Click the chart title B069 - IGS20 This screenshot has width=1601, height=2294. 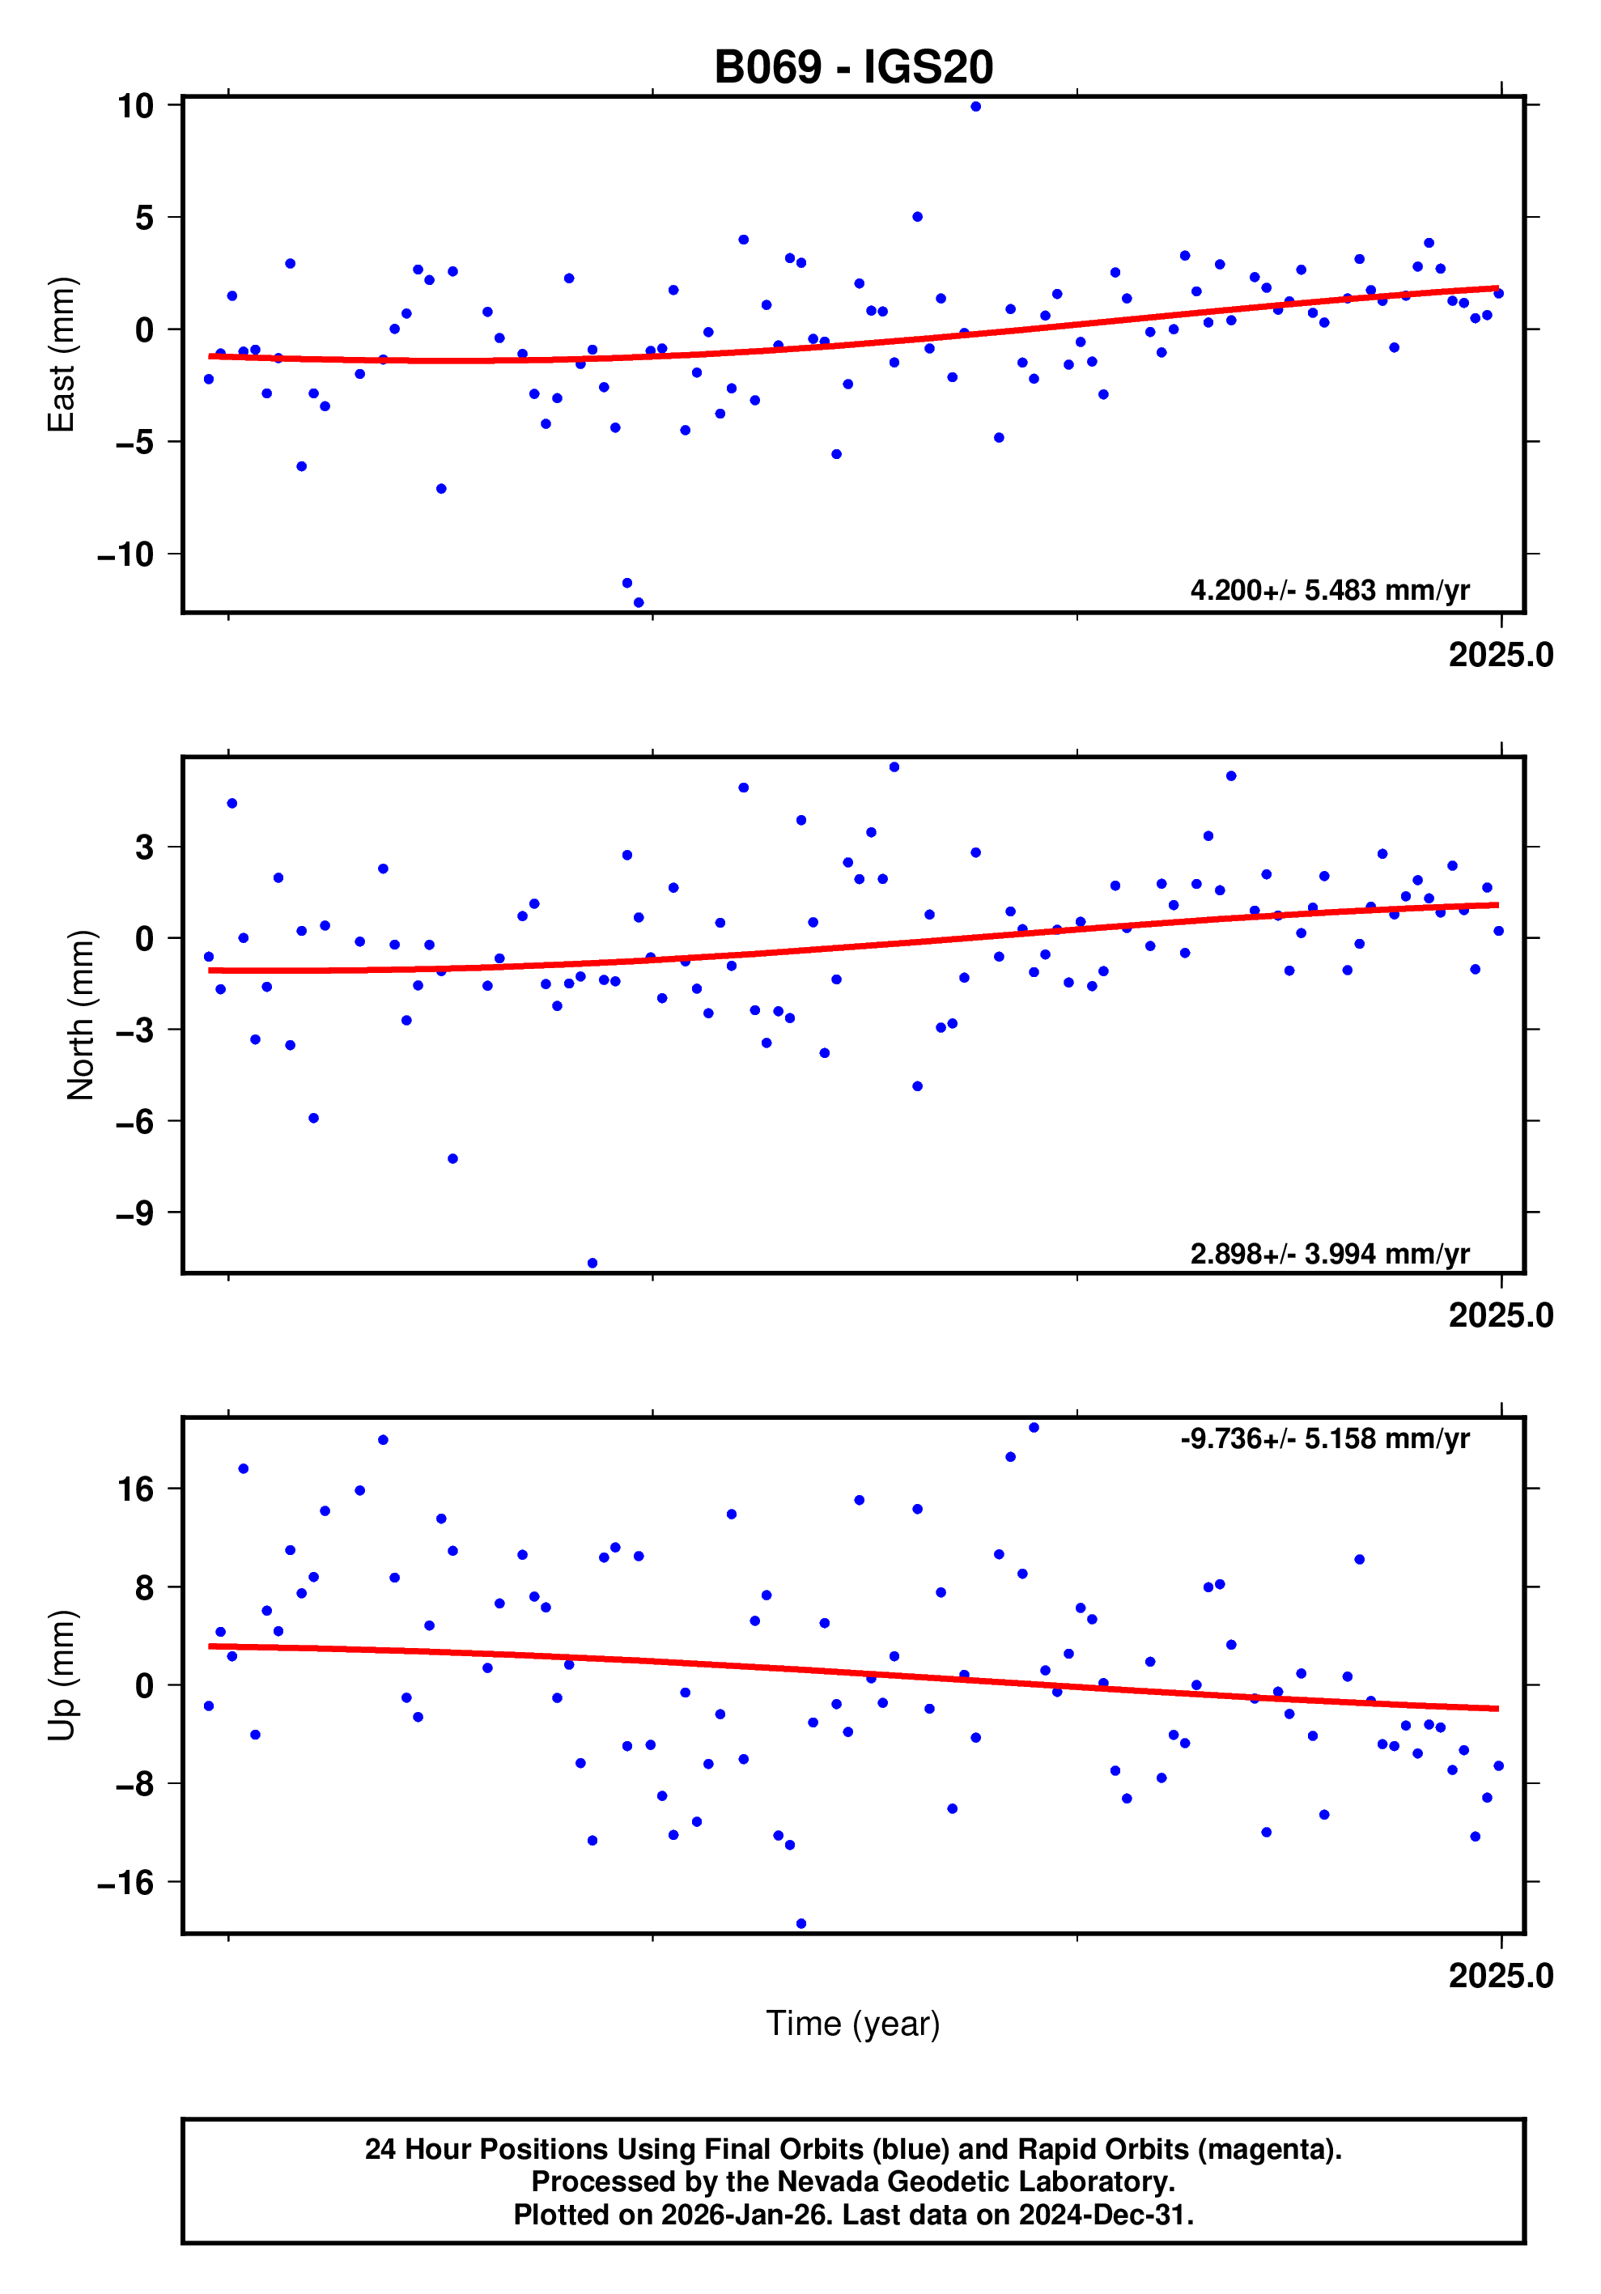point(853,68)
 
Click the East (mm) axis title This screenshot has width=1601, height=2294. point(62,355)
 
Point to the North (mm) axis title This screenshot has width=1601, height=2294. point(80,1015)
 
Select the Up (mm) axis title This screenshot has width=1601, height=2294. point(62,1676)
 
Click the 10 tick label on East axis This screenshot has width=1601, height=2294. point(135,106)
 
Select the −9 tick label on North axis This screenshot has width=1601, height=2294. point(135,1213)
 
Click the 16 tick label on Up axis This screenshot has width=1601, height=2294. point(135,1489)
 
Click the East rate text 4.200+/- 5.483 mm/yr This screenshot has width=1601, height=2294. point(1329,590)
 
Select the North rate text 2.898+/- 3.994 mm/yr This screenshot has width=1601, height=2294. point(1329,1254)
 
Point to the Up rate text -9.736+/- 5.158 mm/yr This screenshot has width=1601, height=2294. point(1324,1438)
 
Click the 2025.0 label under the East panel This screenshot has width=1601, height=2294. point(1500,656)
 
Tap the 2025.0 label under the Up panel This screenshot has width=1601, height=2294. point(1500,1976)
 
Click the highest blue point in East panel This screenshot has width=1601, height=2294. point(976,107)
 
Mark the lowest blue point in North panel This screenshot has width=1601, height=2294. point(592,1264)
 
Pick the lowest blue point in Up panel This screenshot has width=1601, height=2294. point(801,1923)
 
